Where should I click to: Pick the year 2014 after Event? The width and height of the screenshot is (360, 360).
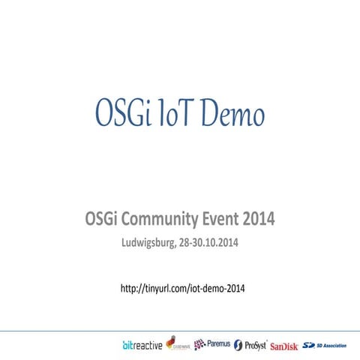259,220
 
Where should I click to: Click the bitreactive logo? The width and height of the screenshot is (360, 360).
142,345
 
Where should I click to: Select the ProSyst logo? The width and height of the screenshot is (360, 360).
250,345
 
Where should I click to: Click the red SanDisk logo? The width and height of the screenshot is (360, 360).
285,346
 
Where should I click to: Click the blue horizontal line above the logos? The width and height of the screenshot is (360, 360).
180,330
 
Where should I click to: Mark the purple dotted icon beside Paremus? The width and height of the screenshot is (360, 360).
199,345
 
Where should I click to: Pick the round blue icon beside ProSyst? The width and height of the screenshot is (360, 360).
238,345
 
